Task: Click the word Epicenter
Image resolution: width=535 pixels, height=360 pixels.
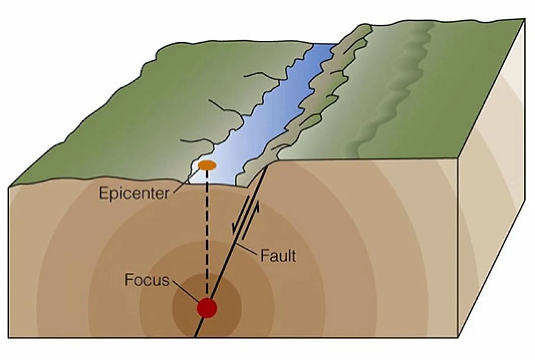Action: click(134, 193)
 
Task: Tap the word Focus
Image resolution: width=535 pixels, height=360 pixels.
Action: click(147, 280)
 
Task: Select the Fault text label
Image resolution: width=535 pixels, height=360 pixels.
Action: click(278, 255)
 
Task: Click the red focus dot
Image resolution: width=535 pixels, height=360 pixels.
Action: click(207, 308)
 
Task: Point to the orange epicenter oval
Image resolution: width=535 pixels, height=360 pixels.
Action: click(207, 165)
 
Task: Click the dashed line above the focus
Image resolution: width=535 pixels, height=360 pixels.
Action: click(206, 234)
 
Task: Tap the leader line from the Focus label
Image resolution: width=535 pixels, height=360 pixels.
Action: click(184, 291)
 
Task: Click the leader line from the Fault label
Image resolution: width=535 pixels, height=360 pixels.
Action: click(248, 249)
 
